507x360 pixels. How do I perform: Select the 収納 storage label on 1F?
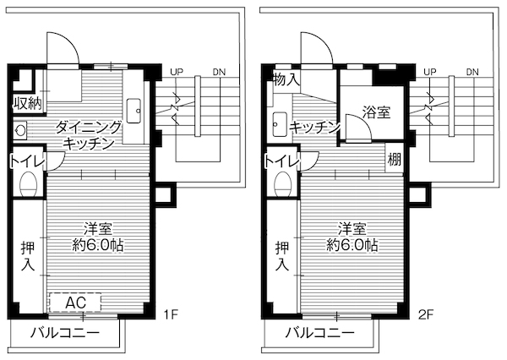pyautogui.click(x=28, y=103)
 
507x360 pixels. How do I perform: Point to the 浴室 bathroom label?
pyautogui.click(x=376, y=111)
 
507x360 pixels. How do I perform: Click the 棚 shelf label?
pyautogui.click(x=394, y=159)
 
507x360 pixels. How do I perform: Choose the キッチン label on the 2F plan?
pyautogui.click(x=314, y=128)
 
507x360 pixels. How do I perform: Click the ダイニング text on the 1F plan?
pyautogui.click(x=89, y=128)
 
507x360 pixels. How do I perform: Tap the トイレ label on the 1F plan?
pyautogui.click(x=26, y=161)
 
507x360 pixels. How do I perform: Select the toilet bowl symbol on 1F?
pyautogui.click(x=28, y=184)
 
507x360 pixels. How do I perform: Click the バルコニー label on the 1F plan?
pyautogui.click(x=65, y=331)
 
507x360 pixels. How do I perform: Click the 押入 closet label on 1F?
pyautogui.click(x=28, y=257)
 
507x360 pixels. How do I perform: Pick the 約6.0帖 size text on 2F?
pyautogui.click(x=352, y=245)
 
